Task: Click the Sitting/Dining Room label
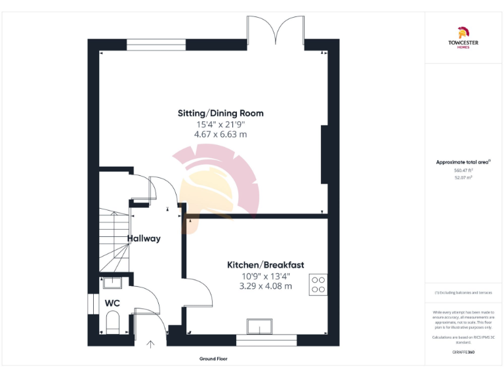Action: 220,113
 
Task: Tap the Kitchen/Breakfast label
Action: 265,264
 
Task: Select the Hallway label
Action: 144,238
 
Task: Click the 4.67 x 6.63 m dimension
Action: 220,134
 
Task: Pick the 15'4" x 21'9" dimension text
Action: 220,123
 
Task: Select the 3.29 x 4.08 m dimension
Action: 265,286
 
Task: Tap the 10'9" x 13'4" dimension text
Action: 265,276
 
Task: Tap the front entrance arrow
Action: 150,343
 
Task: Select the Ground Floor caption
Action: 214,359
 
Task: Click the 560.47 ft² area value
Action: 464,170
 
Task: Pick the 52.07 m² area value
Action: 464,177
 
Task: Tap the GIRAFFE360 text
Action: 463,352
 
